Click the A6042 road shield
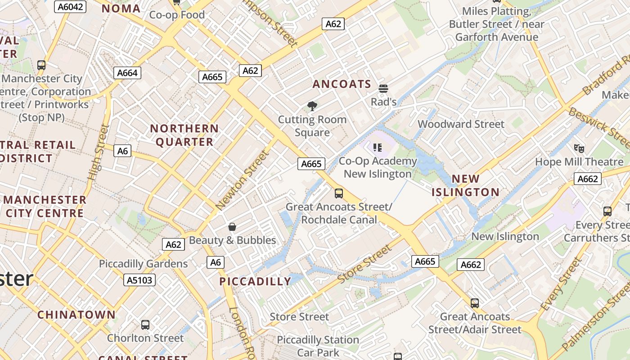(x=70, y=6)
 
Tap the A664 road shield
(x=127, y=73)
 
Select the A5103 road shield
(x=139, y=280)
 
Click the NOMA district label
(x=121, y=8)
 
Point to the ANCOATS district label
(x=342, y=84)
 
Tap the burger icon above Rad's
(x=383, y=89)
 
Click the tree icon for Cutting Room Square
(x=312, y=106)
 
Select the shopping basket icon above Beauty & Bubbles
(x=232, y=226)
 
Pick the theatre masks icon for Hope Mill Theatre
(x=579, y=148)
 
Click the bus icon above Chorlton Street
(x=145, y=324)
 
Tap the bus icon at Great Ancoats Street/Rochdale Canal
(x=339, y=193)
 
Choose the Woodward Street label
(x=461, y=124)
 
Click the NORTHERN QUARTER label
(x=184, y=135)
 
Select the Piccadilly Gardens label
(x=143, y=264)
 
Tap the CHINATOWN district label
(x=76, y=315)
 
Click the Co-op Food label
(x=177, y=15)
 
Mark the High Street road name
(x=99, y=153)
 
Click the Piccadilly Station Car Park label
(x=318, y=346)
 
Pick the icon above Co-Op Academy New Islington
(x=377, y=147)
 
